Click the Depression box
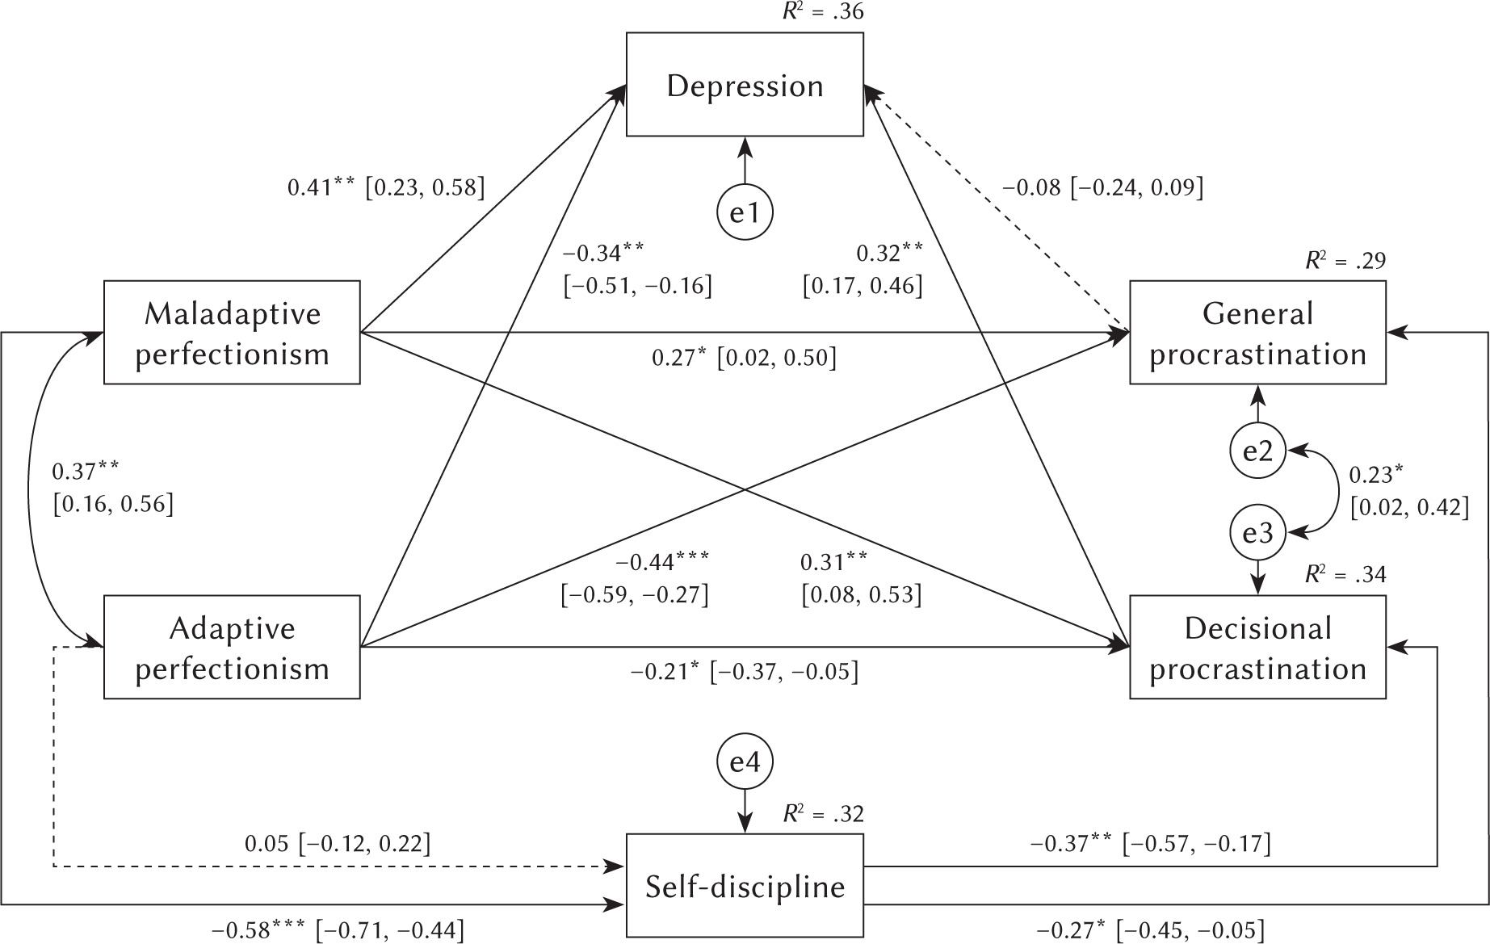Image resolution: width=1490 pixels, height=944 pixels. (x=745, y=85)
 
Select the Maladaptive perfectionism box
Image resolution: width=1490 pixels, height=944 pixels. (x=232, y=333)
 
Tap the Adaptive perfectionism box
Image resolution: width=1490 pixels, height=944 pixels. (x=232, y=648)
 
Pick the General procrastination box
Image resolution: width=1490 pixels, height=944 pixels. (x=1257, y=333)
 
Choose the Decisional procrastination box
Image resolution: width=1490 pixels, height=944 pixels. (x=1257, y=648)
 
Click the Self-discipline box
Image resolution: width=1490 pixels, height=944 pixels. (x=745, y=886)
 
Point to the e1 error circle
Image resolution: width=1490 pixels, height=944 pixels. (x=745, y=213)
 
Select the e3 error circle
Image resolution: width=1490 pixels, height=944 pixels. (x=1257, y=532)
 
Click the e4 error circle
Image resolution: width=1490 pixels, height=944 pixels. (x=745, y=761)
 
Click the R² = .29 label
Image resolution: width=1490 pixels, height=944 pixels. (x=1345, y=260)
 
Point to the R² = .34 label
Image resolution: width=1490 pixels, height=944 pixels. (x=1345, y=574)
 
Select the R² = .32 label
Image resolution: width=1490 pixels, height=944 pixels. (x=823, y=813)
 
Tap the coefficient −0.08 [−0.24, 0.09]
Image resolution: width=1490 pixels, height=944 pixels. (x=1102, y=188)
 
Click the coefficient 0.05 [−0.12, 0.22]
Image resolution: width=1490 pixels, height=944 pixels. (x=338, y=844)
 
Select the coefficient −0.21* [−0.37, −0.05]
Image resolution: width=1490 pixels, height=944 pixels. (x=744, y=671)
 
